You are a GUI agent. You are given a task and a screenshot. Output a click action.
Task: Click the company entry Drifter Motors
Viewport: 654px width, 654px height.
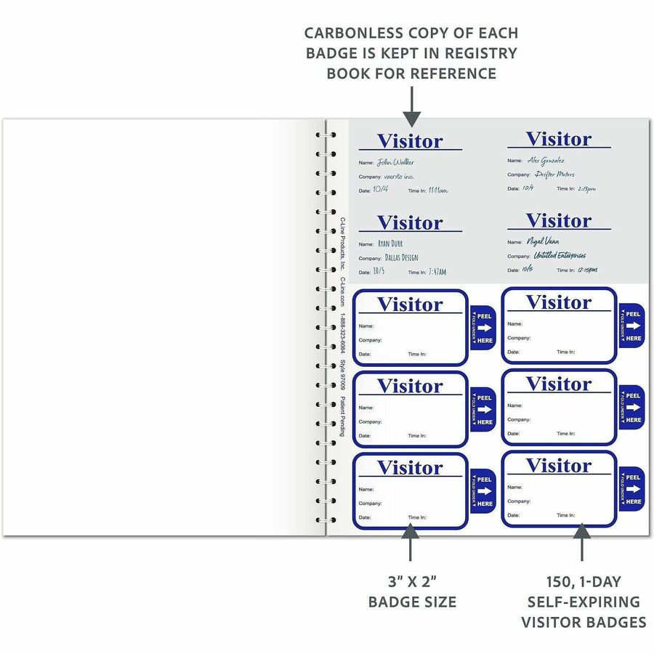click(x=554, y=174)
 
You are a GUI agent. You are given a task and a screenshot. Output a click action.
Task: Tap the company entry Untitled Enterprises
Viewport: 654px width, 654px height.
click(x=560, y=256)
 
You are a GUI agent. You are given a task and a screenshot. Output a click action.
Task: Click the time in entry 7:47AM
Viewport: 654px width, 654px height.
click(x=437, y=272)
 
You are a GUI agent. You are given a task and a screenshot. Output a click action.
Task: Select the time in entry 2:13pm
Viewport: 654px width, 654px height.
click(x=586, y=188)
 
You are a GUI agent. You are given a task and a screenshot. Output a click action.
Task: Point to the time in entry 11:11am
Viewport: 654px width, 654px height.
click(x=437, y=190)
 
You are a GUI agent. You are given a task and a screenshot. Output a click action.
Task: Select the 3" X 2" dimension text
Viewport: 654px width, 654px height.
click(x=412, y=581)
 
